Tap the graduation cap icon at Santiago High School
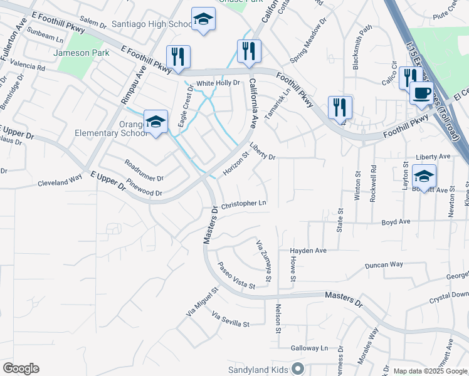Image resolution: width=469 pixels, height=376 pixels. [x=203, y=20]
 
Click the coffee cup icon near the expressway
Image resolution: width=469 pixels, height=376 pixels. [x=421, y=93]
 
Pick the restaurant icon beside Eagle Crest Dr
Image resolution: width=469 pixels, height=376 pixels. [x=178, y=57]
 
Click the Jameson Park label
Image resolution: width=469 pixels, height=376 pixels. [x=82, y=53]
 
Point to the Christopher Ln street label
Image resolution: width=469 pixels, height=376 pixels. [x=244, y=204]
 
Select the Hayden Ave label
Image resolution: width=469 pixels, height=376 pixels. [x=308, y=251]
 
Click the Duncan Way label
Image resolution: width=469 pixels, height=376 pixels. [x=385, y=264]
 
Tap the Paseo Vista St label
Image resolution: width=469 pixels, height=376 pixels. [x=236, y=276]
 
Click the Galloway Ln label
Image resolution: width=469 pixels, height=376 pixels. [x=309, y=348]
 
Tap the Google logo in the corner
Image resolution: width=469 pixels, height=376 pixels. [x=21, y=368]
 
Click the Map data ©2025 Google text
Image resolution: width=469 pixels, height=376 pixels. [x=429, y=371]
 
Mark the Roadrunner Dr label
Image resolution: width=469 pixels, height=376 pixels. [x=144, y=170]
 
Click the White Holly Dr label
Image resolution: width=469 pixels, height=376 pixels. [x=218, y=83]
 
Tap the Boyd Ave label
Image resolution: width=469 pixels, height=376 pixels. [x=396, y=222]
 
